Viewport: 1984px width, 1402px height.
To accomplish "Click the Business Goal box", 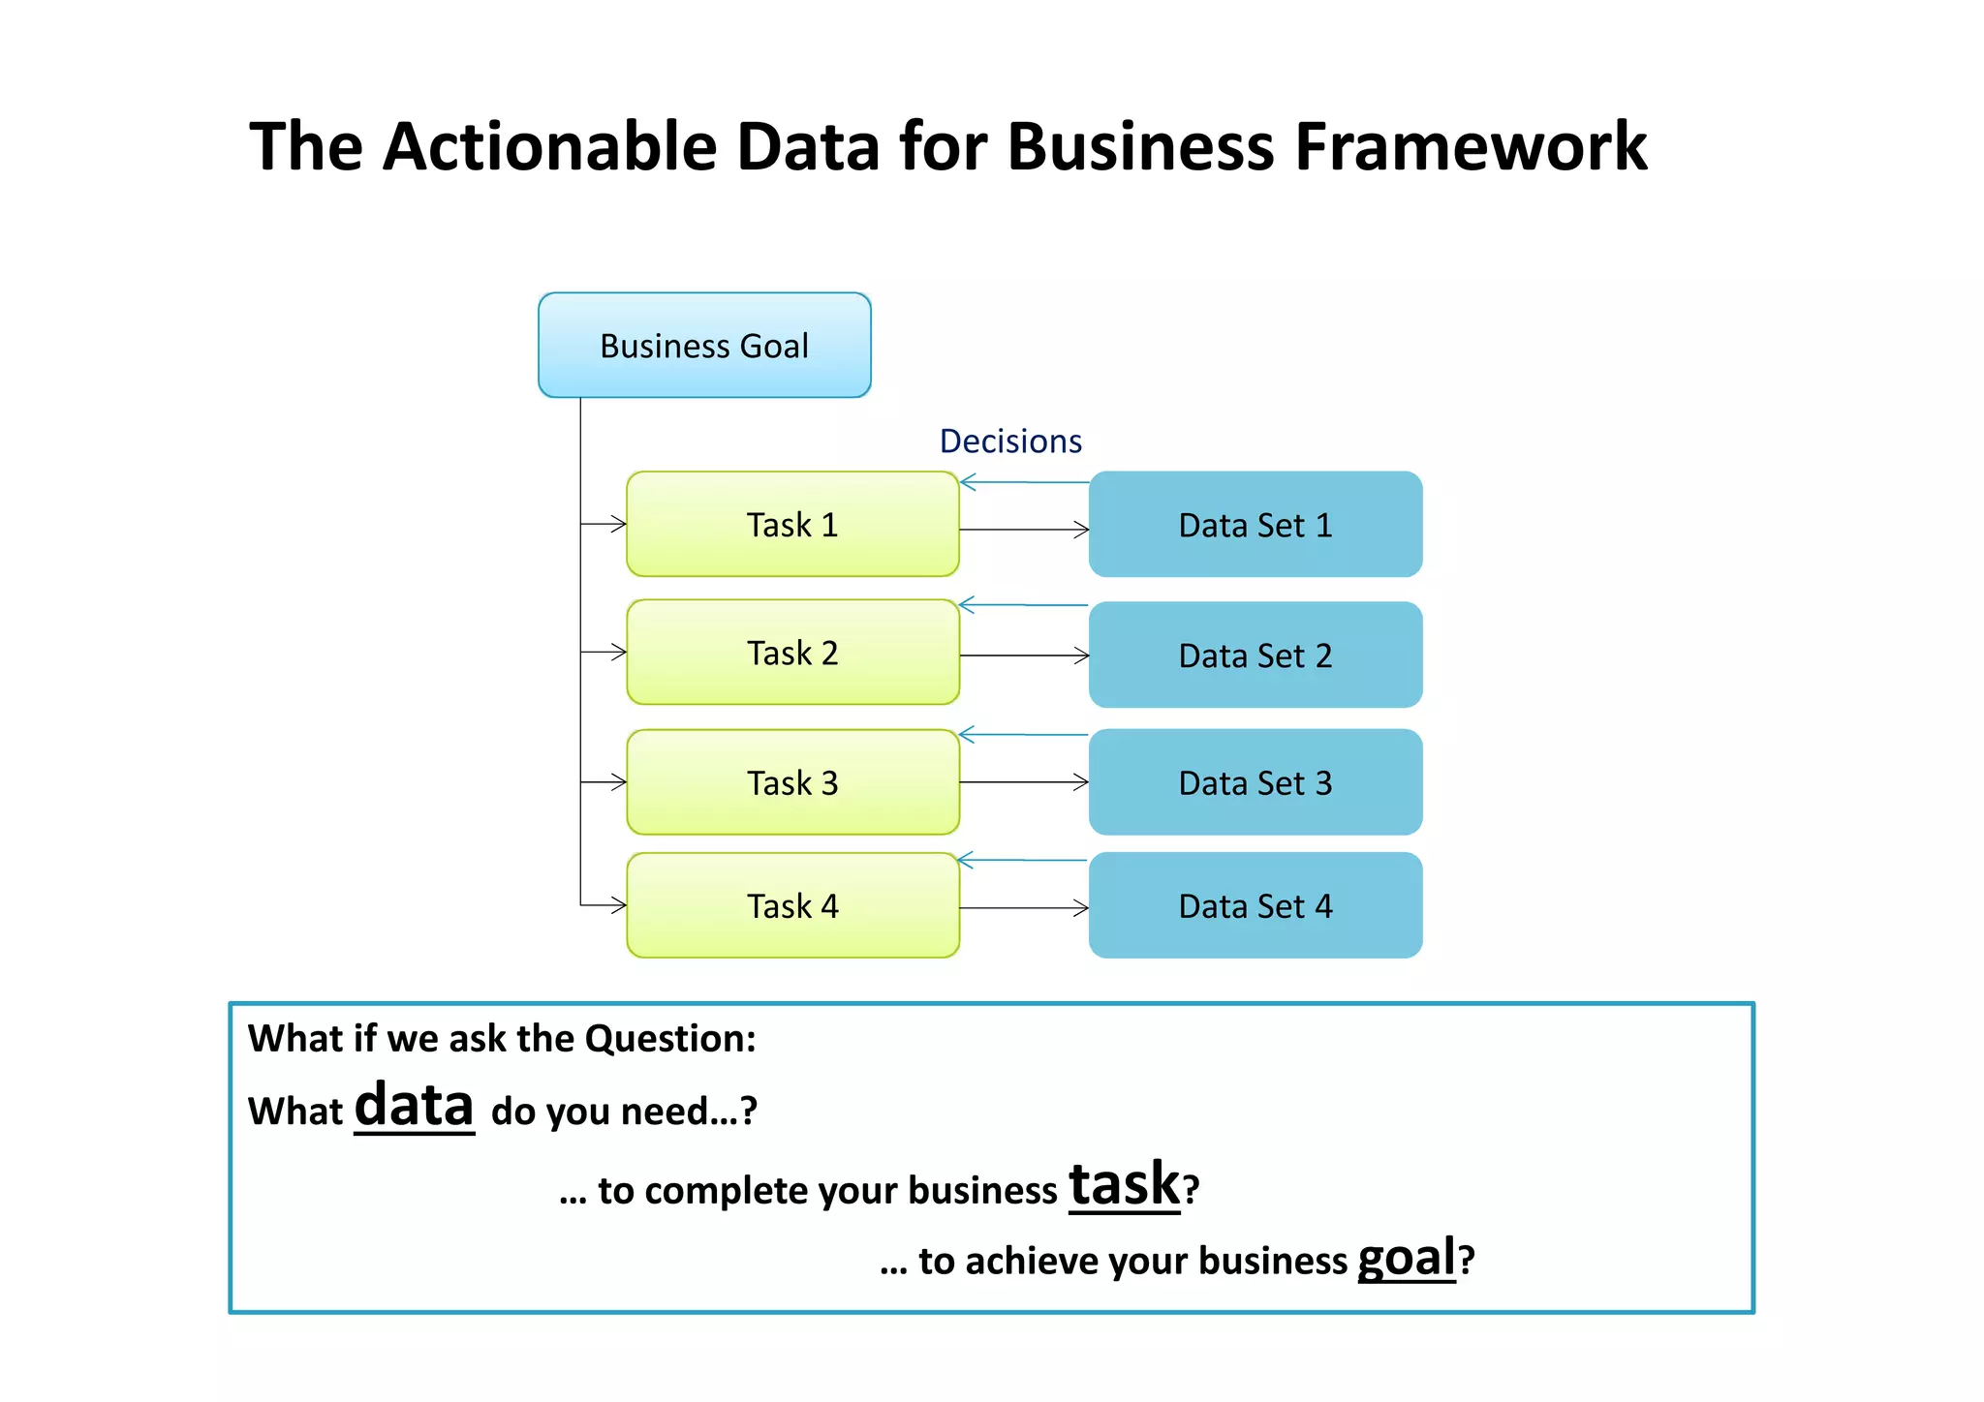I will click(704, 346).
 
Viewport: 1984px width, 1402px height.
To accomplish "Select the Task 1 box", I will click(792, 525).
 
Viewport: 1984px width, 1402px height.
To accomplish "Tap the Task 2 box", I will click(792, 653).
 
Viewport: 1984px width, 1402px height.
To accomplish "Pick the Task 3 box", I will click(792, 782).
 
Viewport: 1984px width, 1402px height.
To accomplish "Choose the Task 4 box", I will click(792, 906).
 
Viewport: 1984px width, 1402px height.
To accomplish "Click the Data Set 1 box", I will click(1255, 525).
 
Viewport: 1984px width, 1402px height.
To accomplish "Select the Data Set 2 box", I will click(1255, 655).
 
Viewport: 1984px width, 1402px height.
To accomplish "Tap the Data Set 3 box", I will click(1255, 782).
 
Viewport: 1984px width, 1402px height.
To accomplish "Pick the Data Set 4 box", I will click(1255, 906).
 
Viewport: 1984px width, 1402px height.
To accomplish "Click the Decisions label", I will click(1010, 442).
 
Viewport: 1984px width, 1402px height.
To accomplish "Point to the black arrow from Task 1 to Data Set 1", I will click(1024, 530).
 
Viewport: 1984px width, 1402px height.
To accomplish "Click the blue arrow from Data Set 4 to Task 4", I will click(1022, 860).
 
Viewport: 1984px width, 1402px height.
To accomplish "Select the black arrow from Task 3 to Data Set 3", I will click(1024, 782).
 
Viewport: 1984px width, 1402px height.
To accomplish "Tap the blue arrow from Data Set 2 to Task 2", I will click(1023, 605).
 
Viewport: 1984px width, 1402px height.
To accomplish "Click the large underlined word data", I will click(414, 1106).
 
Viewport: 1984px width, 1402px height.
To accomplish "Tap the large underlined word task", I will click(1124, 1185).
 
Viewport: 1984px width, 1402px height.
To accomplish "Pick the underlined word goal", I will click(1406, 1259).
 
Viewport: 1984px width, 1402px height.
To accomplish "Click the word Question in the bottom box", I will click(668, 1039).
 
